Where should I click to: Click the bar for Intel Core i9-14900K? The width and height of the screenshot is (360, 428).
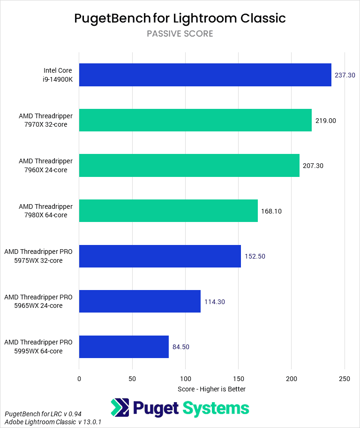[x=205, y=75]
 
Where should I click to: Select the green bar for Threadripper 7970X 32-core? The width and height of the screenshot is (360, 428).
[x=195, y=120]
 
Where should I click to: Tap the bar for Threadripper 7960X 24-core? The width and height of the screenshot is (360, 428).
[x=189, y=166]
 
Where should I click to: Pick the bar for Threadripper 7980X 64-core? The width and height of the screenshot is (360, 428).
[x=168, y=211]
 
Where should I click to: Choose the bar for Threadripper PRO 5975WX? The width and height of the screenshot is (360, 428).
[x=160, y=256]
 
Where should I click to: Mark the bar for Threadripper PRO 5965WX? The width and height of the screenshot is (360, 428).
[x=140, y=301]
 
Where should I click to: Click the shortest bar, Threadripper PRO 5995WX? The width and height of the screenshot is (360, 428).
[x=124, y=347]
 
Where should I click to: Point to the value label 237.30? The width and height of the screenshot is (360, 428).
[x=345, y=75]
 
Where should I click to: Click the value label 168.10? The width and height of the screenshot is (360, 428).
[x=271, y=211]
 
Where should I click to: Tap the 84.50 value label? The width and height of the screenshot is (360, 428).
[x=181, y=347]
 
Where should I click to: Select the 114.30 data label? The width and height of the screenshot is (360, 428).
[x=215, y=302]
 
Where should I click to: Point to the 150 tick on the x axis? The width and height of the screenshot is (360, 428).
[x=238, y=379]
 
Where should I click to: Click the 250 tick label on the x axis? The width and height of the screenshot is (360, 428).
[x=345, y=379]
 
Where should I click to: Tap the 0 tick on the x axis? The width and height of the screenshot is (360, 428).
[x=79, y=379]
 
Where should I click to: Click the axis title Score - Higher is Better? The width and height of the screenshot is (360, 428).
[x=212, y=389]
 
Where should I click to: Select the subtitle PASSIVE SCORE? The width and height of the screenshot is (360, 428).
[x=180, y=34]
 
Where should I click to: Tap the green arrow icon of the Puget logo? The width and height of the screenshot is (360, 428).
[x=120, y=408]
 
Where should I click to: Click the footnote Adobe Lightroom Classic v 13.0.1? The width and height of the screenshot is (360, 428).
[x=53, y=422]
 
